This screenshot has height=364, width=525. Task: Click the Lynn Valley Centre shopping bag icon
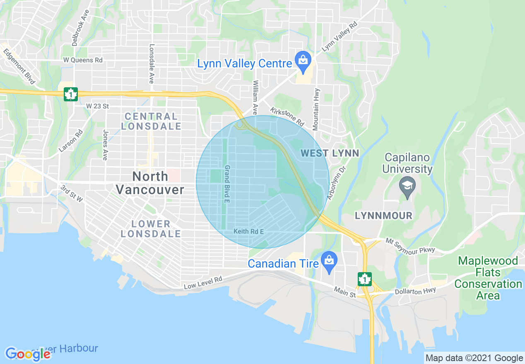(x=303, y=59)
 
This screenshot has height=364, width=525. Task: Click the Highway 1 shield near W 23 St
(x=71, y=94)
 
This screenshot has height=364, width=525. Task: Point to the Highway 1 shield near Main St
(x=364, y=279)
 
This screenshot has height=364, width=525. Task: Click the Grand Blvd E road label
(x=227, y=184)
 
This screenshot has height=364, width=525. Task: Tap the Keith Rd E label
(x=248, y=231)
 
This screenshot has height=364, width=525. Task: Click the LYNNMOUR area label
(x=383, y=216)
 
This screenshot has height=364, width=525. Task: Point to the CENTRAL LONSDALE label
(x=151, y=121)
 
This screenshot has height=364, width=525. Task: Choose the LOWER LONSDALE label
(x=151, y=229)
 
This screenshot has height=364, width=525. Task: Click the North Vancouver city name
(x=150, y=183)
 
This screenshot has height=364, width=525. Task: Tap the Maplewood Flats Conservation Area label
(x=488, y=278)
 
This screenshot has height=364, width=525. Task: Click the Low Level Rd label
(x=203, y=283)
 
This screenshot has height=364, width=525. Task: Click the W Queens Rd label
(x=83, y=60)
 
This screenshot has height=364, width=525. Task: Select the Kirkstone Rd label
(x=287, y=117)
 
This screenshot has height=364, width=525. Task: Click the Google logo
(x=28, y=354)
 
